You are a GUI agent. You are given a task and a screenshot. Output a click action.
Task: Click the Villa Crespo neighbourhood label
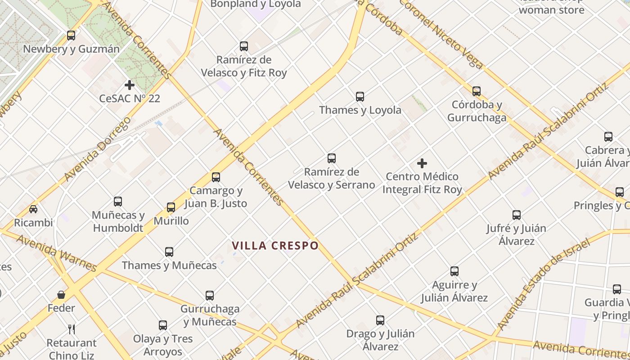275,246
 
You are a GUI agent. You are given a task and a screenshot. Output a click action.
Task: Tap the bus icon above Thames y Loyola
360,96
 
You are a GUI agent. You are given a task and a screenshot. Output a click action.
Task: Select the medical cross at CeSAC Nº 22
130,85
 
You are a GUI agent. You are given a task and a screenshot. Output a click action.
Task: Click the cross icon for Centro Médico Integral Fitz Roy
422,163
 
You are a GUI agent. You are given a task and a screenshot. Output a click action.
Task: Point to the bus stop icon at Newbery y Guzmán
71,35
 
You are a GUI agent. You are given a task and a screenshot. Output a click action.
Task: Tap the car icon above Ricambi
33,209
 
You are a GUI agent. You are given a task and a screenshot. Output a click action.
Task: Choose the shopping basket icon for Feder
61,295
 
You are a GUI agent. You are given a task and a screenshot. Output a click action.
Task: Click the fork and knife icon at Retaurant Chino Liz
72,329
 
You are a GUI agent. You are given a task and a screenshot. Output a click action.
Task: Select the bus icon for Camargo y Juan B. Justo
216,177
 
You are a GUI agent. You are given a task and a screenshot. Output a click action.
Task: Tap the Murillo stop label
171,221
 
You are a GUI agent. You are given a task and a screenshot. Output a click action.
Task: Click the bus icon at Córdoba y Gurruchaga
477,91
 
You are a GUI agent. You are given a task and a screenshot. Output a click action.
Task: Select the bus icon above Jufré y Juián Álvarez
516,215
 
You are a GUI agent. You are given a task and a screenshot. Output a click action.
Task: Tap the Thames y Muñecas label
169,265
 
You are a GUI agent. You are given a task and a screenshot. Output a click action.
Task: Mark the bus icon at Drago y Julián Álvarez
380,320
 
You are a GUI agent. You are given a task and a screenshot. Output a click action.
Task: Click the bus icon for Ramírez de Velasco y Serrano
332,158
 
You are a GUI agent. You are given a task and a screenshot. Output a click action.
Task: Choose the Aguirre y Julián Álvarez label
454,291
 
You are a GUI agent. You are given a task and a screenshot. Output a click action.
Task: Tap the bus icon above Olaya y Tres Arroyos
163,325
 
